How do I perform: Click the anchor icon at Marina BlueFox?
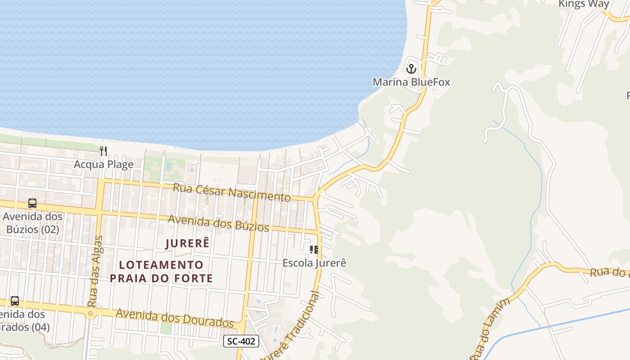point(411,69)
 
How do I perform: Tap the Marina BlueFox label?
point(411,82)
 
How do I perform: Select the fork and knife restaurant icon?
point(104,151)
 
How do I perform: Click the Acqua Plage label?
point(103,164)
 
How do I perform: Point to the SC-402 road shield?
point(241,341)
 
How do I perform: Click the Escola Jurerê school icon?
point(314,250)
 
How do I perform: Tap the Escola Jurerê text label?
point(314,263)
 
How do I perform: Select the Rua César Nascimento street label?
point(232,192)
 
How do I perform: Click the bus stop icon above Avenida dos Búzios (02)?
point(32,203)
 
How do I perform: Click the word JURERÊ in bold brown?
point(188,243)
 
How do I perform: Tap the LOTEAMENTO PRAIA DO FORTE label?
point(162,271)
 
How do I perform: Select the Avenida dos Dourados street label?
point(175,318)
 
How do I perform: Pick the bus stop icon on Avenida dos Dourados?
point(15,301)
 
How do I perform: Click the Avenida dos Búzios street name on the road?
point(218,223)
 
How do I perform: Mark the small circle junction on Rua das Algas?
point(90,313)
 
